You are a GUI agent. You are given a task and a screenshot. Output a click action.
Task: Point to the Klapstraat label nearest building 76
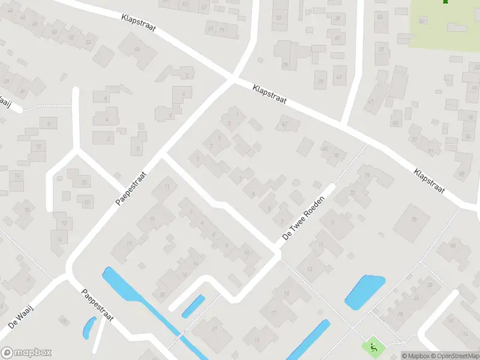pyautogui.click(x=429, y=179)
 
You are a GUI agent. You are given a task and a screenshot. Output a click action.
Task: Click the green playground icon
pyautogui.click(x=373, y=346)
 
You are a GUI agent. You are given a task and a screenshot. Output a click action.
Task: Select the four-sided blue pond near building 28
pyautogui.click(x=364, y=292)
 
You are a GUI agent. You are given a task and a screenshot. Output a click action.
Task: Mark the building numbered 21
pyautogui.click(x=214, y=329)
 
